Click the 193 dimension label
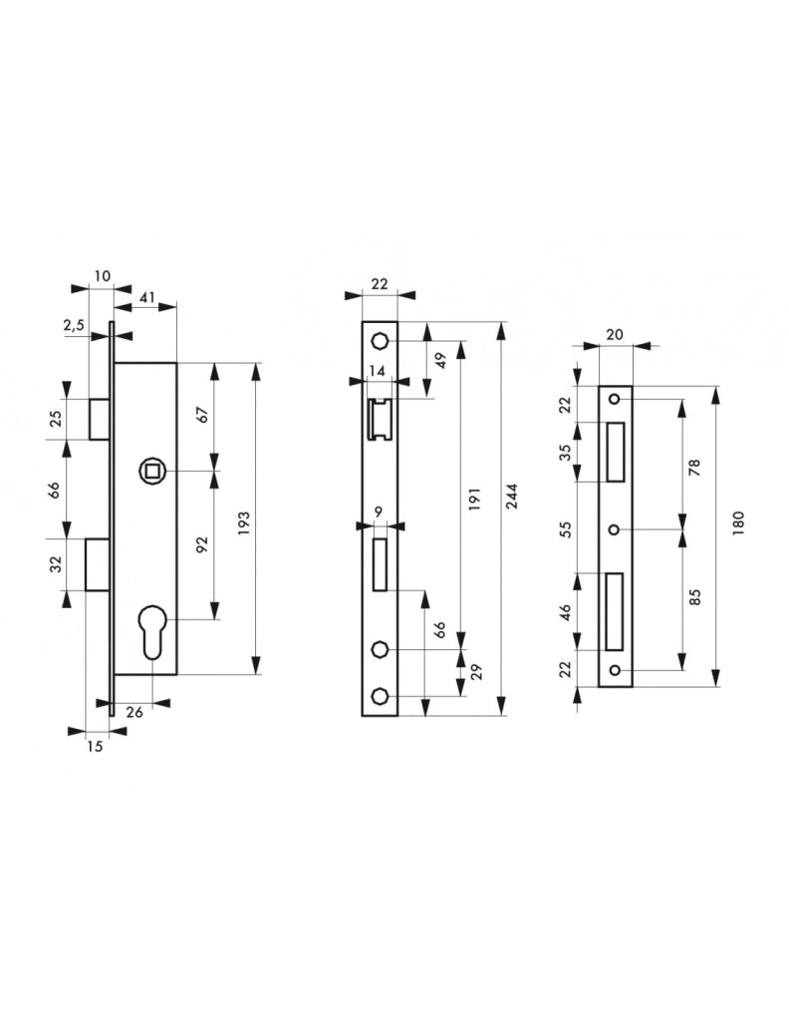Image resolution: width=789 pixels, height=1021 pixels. pyautogui.click(x=244, y=518)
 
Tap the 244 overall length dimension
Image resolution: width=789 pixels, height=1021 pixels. pyautogui.click(x=512, y=497)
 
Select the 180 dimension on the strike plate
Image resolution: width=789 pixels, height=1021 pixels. pyautogui.click(x=737, y=523)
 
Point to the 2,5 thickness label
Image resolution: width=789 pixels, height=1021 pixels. pyautogui.click(x=74, y=326)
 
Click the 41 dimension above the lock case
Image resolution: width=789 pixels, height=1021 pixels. pyautogui.click(x=147, y=297)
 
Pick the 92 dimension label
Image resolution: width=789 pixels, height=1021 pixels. pyautogui.click(x=202, y=544)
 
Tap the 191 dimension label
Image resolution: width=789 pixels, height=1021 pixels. pyautogui.click(x=474, y=499)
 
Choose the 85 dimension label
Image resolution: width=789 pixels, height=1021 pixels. pyautogui.click(x=694, y=597)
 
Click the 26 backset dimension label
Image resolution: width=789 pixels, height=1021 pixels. pyautogui.click(x=134, y=712)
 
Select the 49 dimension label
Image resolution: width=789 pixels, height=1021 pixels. pyautogui.click(x=440, y=360)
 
